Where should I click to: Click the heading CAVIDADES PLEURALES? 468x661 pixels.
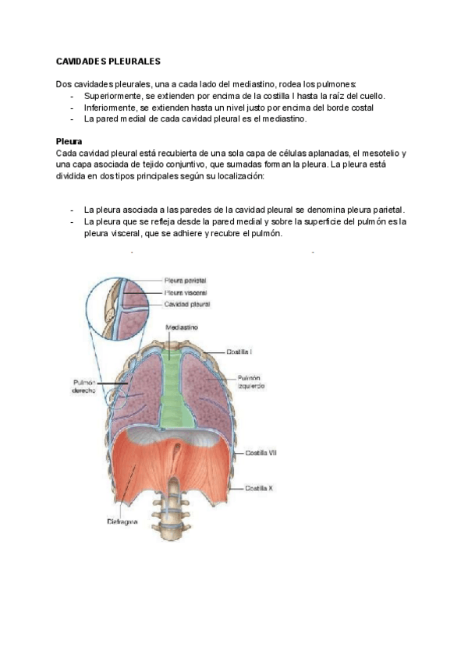108,61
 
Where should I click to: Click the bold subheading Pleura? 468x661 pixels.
69,142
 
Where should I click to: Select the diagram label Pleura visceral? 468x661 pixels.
185,292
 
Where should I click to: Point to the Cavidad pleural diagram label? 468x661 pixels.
186,304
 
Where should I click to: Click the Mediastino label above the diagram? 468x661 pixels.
180,328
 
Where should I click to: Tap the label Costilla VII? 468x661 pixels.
261,453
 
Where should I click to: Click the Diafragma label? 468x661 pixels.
122,521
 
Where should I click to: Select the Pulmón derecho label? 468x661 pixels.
84,387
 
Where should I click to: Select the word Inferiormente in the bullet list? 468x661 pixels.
109,108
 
